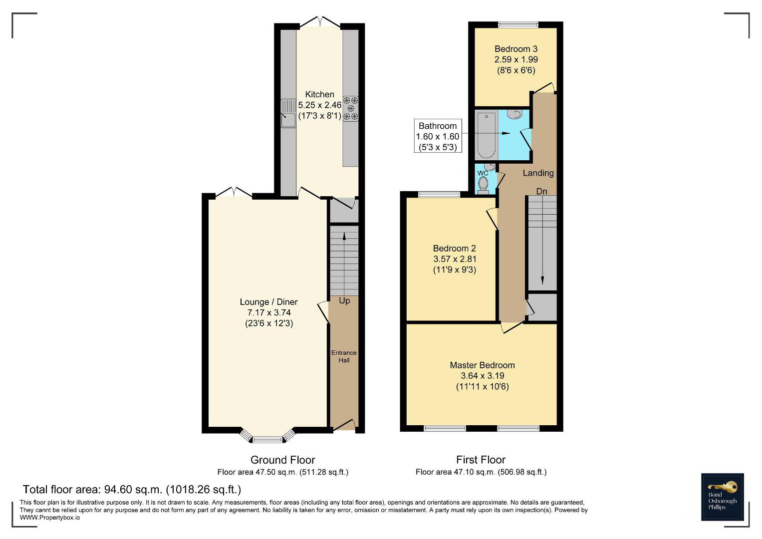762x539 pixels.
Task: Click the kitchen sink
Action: [x=288, y=113]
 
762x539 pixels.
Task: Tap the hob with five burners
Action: [x=351, y=109]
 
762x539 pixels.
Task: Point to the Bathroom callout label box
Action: [x=438, y=136]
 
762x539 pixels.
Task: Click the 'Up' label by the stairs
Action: [x=344, y=301]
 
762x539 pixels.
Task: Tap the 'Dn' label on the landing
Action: [x=541, y=192]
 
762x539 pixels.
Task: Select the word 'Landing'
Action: [x=538, y=173]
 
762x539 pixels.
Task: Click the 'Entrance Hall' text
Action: [x=344, y=356]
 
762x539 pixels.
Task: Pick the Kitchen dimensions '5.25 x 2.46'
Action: [x=320, y=105]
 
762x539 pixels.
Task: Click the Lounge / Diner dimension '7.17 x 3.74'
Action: [x=269, y=313]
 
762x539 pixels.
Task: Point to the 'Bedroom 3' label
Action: [x=516, y=49]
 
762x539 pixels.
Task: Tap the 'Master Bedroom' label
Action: [x=483, y=365]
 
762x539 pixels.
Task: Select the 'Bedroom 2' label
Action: [x=455, y=249]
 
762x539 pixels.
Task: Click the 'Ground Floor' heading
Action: [x=282, y=460]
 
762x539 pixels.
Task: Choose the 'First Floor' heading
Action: [x=481, y=460]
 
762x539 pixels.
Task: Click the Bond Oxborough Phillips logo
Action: [x=723, y=497]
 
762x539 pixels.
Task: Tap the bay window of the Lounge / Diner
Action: [x=267, y=437]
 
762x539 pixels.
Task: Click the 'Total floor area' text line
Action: [x=132, y=490]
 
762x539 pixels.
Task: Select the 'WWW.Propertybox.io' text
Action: [x=50, y=518]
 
